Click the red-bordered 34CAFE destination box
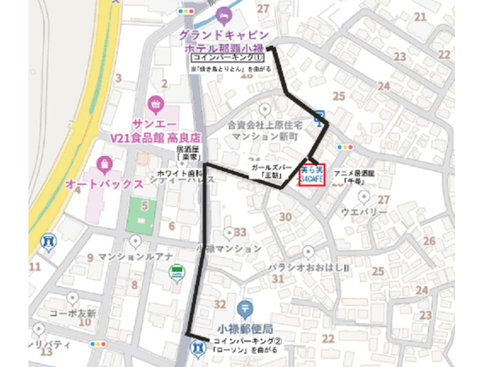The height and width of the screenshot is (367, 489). click(311, 174)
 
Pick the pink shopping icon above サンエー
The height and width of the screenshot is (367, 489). click(154, 105)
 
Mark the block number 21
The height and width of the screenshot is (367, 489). click(420, 17)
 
